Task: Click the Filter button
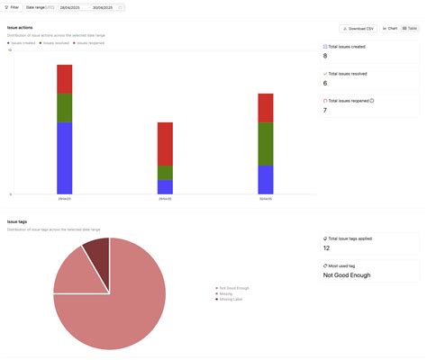click(12, 7)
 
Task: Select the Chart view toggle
click(390, 29)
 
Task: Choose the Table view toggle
click(410, 29)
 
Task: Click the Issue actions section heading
click(20, 28)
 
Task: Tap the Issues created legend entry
click(22, 42)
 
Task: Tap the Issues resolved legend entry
click(55, 42)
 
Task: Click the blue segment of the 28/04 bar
click(64, 157)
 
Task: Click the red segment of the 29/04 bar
click(165, 143)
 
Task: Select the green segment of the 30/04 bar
click(265, 143)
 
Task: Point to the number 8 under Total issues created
click(325, 56)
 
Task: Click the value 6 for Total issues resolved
click(325, 83)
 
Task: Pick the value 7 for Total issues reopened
click(325, 110)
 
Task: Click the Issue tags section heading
click(17, 221)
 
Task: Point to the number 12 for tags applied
click(327, 247)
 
